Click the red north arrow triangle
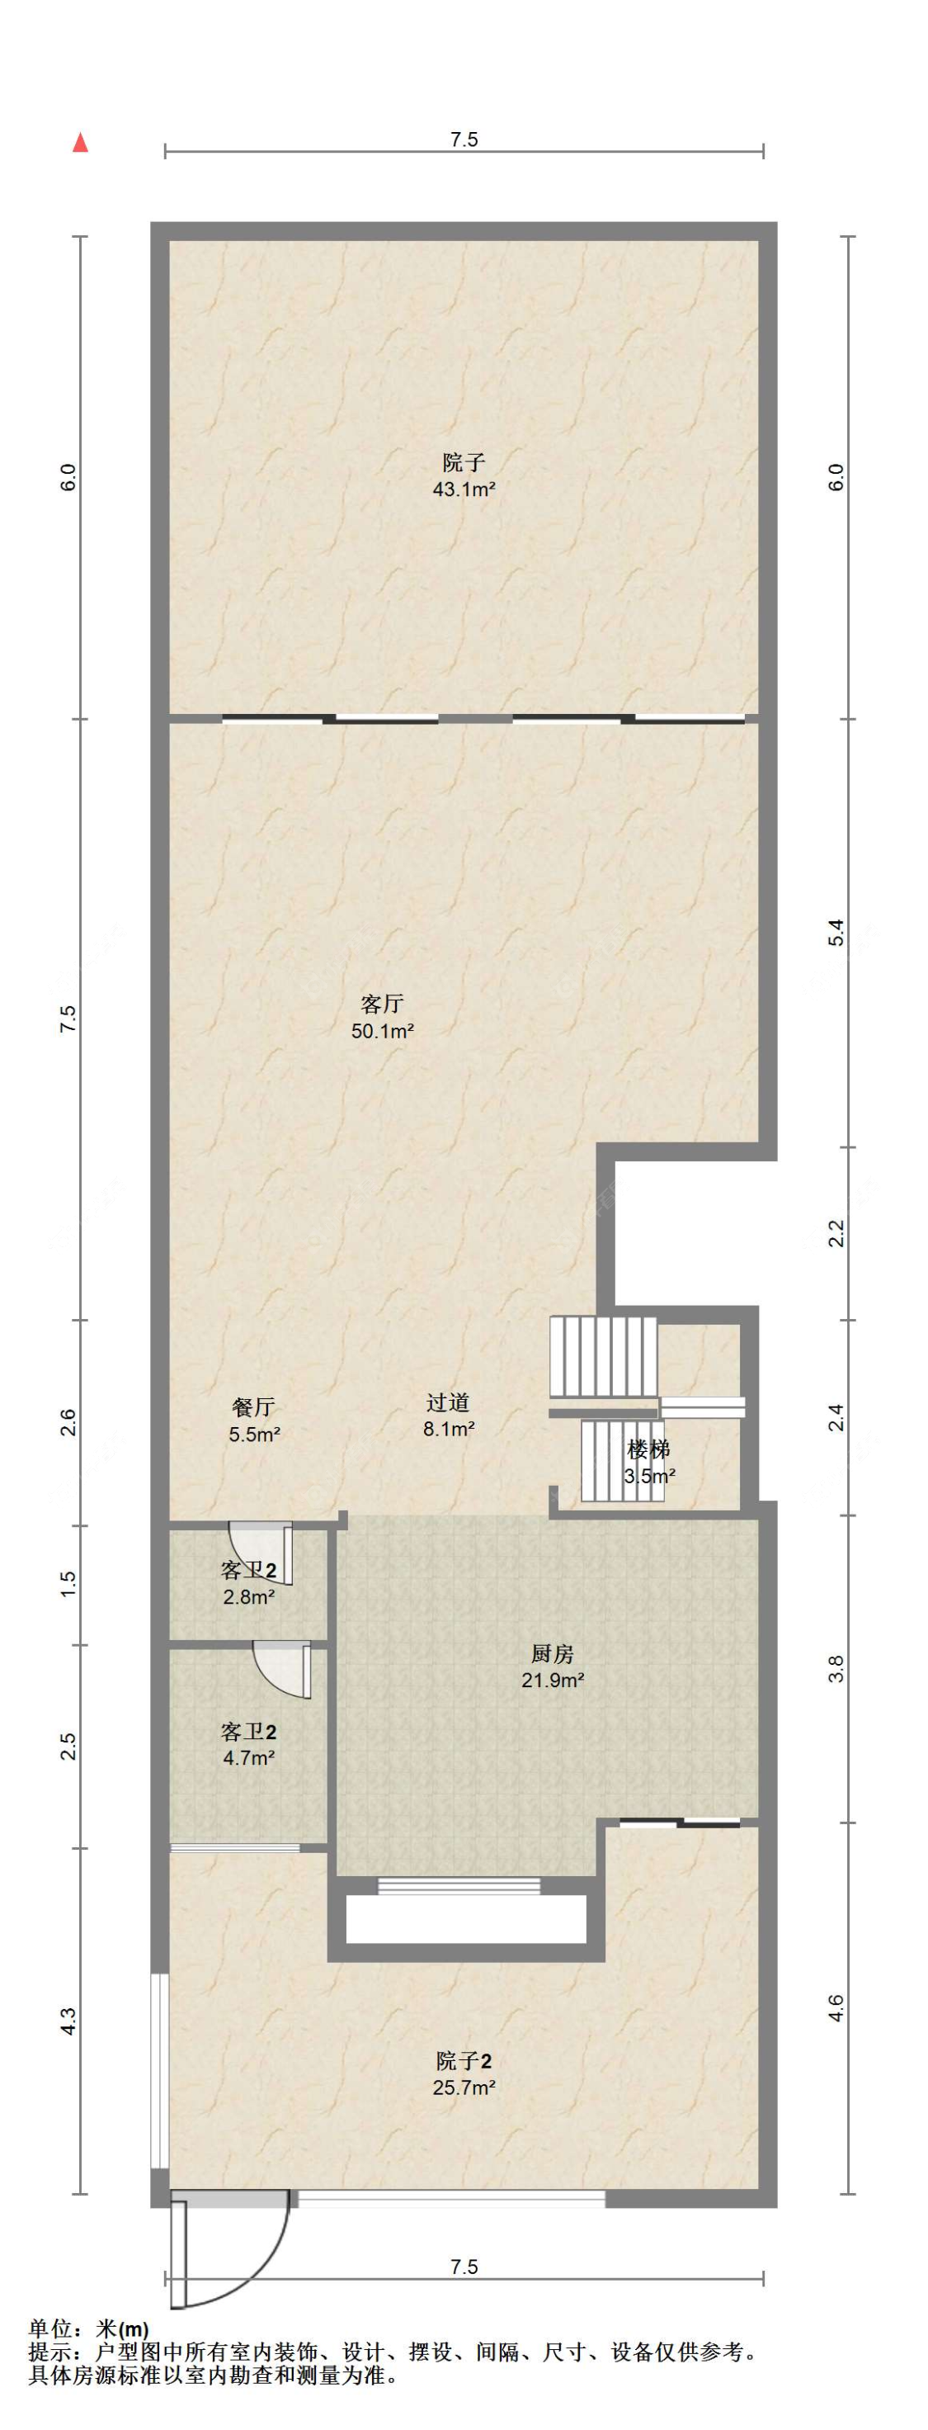(x=81, y=143)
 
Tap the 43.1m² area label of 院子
(x=464, y=489)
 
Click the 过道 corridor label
(x=448, y=1402)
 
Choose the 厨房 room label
(x=553, y=1653)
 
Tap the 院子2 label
(x=464, y=2061)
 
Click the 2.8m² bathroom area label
(x=249, y=1598)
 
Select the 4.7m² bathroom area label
(x=249, y=1758)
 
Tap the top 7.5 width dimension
(x=464, y=140)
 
